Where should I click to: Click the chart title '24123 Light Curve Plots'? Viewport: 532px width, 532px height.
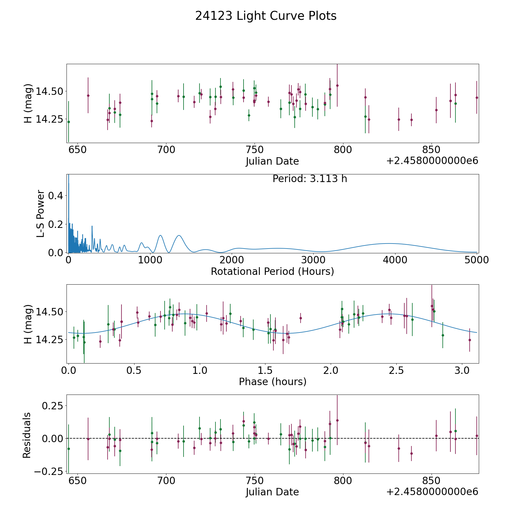click(266, 16)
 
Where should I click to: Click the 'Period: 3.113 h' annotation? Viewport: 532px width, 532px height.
click(310, 179)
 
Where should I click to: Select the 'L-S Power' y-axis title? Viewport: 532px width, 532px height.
click(41, 213)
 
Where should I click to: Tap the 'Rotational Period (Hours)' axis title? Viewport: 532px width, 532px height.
click(272, 271)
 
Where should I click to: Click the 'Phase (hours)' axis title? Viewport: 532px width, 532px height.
click(273, 382)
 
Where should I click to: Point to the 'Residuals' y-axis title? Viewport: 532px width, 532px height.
click(27, 435)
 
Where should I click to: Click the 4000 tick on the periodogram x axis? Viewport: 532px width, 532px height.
click(395, 260)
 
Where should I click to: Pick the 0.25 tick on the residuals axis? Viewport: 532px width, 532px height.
click(53, 406)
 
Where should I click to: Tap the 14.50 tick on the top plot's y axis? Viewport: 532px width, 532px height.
click(50, 91)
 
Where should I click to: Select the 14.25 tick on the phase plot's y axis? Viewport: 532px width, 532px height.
click(50, 340)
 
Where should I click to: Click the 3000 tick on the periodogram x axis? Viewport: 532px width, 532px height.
click(313, 260)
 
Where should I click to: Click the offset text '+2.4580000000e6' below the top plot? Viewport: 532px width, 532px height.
click(432, 161)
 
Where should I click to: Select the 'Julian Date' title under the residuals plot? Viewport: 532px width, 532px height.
click(272, 492)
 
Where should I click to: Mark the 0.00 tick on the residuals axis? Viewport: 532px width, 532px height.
click(53, 438)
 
